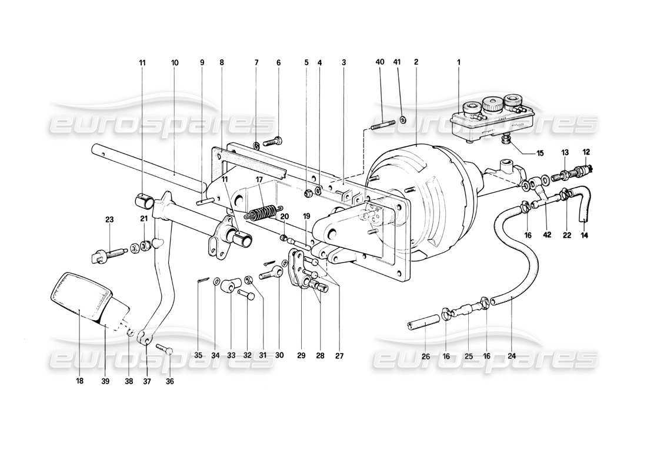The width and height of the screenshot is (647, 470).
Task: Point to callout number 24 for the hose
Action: tap(512, 355)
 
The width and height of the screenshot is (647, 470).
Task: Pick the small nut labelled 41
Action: tap(402, 120)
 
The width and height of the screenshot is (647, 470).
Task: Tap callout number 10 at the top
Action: tap(174, 62)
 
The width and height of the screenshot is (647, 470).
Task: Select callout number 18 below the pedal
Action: tap(79, 381)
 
